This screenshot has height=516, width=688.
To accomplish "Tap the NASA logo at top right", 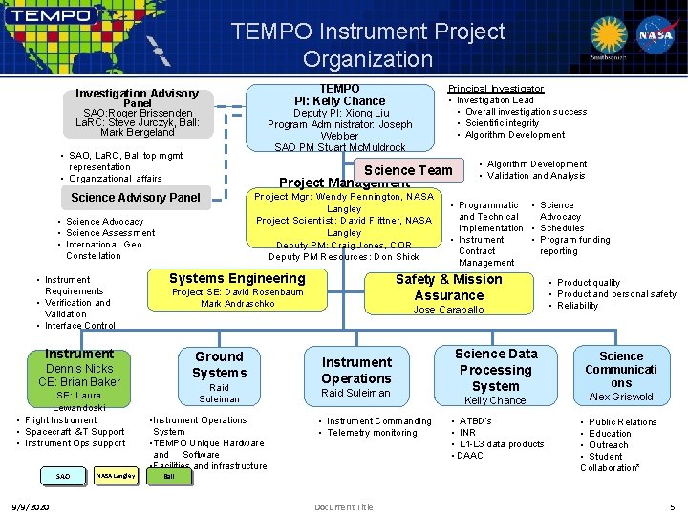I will click(x=656, y=35).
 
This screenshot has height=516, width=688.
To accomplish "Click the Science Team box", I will click(x=409, y=170).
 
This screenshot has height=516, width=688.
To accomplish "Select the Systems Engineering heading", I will click(x=237, y=278).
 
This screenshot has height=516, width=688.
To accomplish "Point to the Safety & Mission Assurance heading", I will click(x=448, y=287).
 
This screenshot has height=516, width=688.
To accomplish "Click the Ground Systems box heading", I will click(x=219, y=364).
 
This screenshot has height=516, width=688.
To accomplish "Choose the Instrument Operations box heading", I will click(x=356, y=370).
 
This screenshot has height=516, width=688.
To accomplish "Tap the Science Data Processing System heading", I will click(x=495, y=370).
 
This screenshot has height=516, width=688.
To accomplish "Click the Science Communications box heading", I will click(x=621, y=369).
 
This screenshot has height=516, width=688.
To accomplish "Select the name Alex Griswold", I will click(x=621, y=397).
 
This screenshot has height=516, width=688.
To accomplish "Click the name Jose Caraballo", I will click(x=448, y=310).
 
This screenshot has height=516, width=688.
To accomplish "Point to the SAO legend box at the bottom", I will click(x=62, y=475).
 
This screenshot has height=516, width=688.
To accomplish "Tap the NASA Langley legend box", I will click(x=115, y=475).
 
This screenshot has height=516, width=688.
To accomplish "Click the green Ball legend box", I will click(x=168, y=475).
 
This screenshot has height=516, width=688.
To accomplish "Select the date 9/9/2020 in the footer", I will click(x=32, y=506).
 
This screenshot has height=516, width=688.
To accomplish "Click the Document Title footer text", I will click(x=343, y=506).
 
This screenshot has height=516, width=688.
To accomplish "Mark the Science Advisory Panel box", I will click(x=136, y=198).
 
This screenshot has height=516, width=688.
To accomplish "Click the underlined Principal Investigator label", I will click(x=495, y=89).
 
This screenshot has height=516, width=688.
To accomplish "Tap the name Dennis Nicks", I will click(x=79, y=368).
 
